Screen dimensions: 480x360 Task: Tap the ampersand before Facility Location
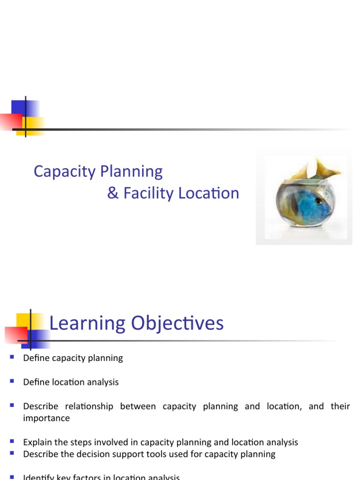(112, 193)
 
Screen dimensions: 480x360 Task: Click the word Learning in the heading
(87, 323)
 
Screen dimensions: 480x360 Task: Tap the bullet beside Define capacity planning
(12, 358)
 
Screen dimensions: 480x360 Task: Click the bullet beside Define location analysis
(12, 382)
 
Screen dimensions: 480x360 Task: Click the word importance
(46, 418)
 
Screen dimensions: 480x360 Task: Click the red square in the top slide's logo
(10, 122)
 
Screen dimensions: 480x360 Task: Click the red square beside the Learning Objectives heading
(15, 335)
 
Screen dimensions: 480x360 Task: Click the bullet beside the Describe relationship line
(12, 405)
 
